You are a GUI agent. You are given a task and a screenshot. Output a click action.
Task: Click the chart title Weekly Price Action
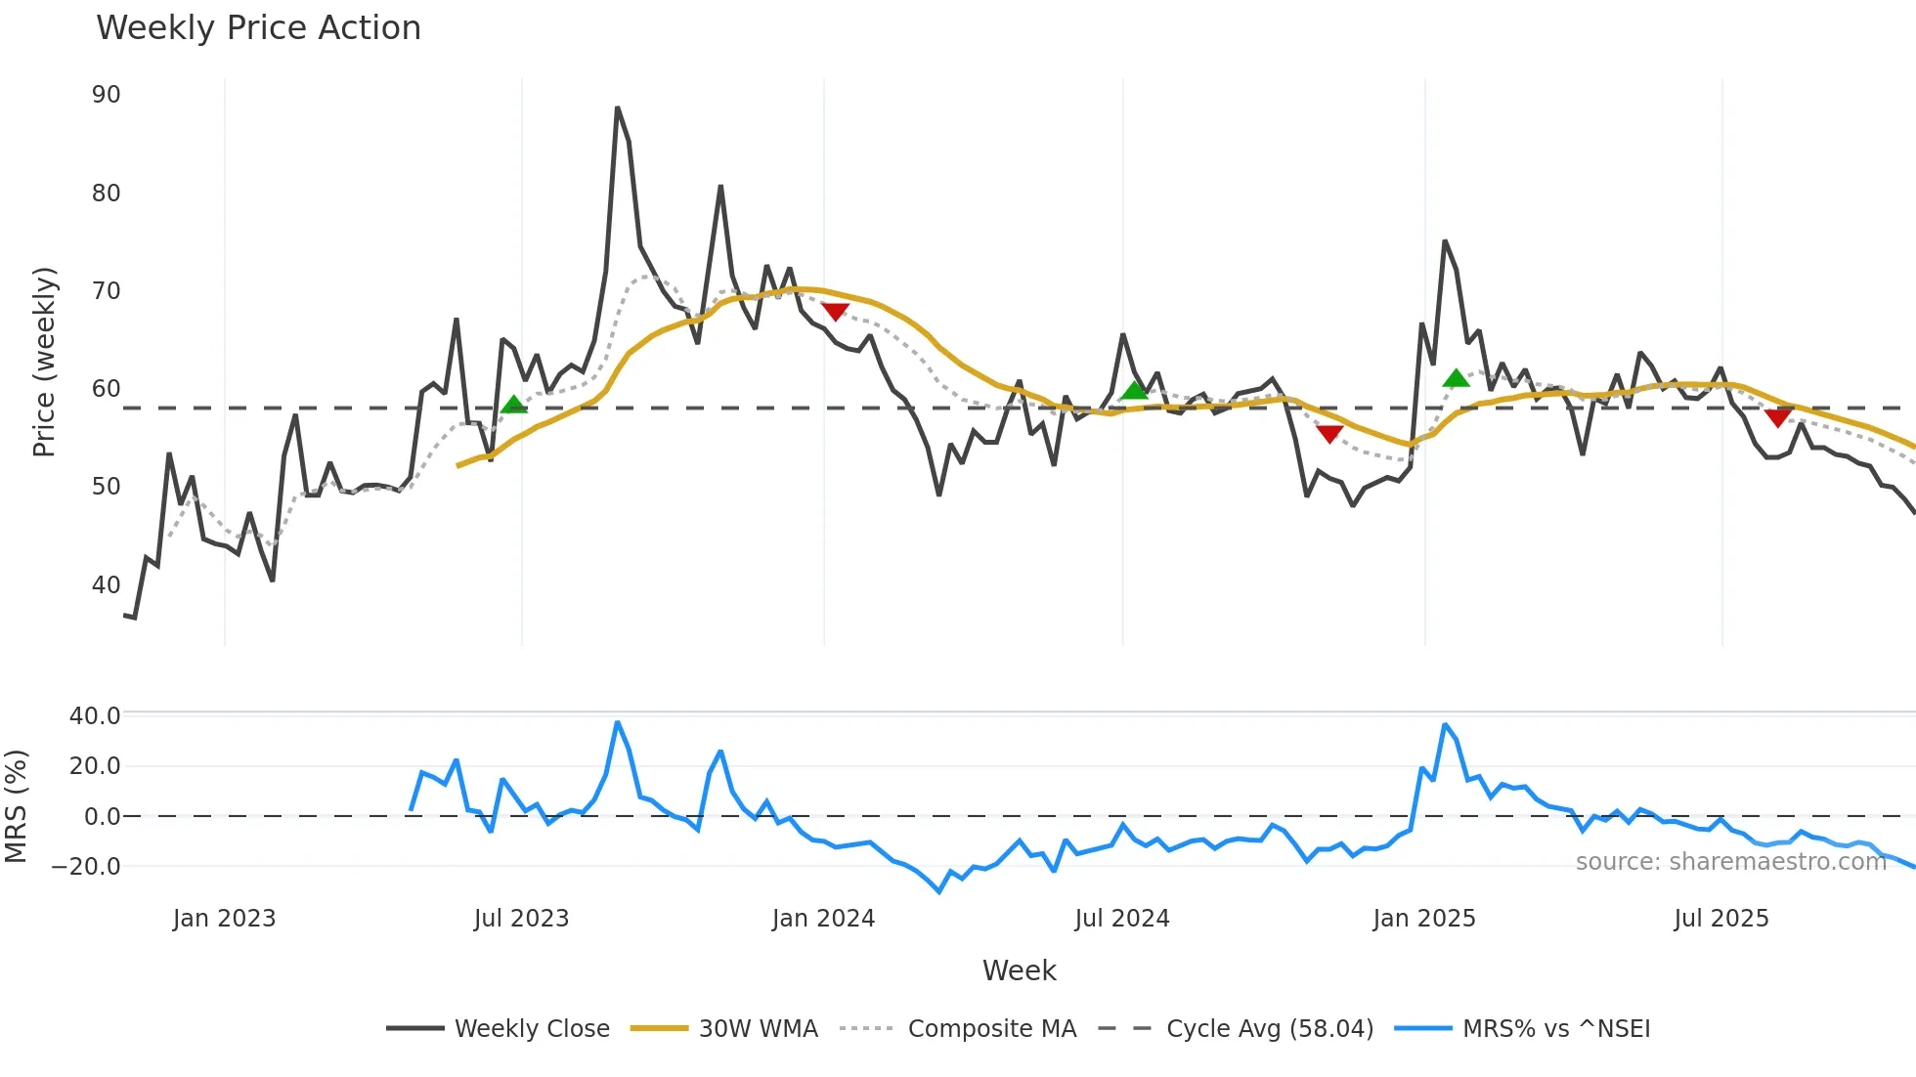click(x=258, y=28)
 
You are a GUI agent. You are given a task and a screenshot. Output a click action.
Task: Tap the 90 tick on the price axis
click(x=107, y=95)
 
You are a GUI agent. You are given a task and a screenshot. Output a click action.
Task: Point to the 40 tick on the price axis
click(x=107, y=584)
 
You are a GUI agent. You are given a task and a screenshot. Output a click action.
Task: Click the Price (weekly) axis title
click(x=44, y=362)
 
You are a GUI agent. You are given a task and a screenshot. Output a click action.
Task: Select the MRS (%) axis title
click(x=16, y=806)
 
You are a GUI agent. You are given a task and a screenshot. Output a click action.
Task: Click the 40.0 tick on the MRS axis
click(x=95, y=715)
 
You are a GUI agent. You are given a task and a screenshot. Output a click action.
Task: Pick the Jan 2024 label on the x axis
click(x=823, y=919)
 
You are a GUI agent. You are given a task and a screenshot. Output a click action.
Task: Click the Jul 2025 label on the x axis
click(x=1721, y=919)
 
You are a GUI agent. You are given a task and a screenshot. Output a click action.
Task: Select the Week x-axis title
click(x=1019, y=970)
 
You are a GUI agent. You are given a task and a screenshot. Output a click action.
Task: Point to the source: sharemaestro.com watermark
click(x=1730, y=861)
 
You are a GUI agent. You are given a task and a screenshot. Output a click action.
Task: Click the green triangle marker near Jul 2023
click(x=513, y=405)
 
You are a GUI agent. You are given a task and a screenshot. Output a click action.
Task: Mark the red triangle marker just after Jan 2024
click(x=835, y=312)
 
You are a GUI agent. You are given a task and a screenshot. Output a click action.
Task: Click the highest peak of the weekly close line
click(x=617, y=108)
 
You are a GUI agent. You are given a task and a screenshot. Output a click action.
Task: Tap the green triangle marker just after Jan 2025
click(x=1456, y=378)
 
